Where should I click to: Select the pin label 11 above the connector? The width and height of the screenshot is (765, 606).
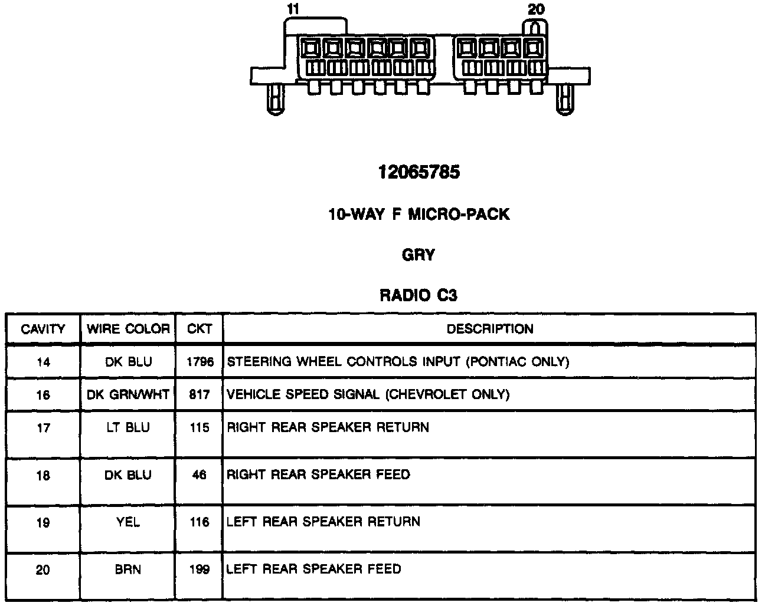pos(293,9)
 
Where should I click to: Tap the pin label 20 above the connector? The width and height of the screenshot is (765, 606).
pos(536,9)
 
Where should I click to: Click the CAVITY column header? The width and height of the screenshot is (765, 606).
pos(42,329)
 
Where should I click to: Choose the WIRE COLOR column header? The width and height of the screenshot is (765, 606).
pos(128,329)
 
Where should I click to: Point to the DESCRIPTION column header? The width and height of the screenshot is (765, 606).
pos(489,329)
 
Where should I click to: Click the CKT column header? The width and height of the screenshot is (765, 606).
pos(200,329)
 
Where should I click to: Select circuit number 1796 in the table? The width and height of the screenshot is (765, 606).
pos(200,362)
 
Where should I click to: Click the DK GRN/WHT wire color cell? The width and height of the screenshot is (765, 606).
pos(128,394)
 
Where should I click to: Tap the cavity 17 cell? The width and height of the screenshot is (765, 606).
pos(43,428)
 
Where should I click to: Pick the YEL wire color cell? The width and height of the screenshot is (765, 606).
pos(128,522)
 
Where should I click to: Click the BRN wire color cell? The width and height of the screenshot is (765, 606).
pos(128,569)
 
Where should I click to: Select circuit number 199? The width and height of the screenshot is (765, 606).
pos(200,569)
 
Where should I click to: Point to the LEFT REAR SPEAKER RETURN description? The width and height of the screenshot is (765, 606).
pos(323,522)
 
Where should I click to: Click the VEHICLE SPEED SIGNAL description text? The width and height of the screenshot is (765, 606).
pos(368,394)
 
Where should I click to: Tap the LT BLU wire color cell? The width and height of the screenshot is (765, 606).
pos(128,427)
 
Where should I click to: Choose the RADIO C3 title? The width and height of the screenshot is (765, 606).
pos(418,295)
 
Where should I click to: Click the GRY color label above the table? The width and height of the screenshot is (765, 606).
pos(418,255)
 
